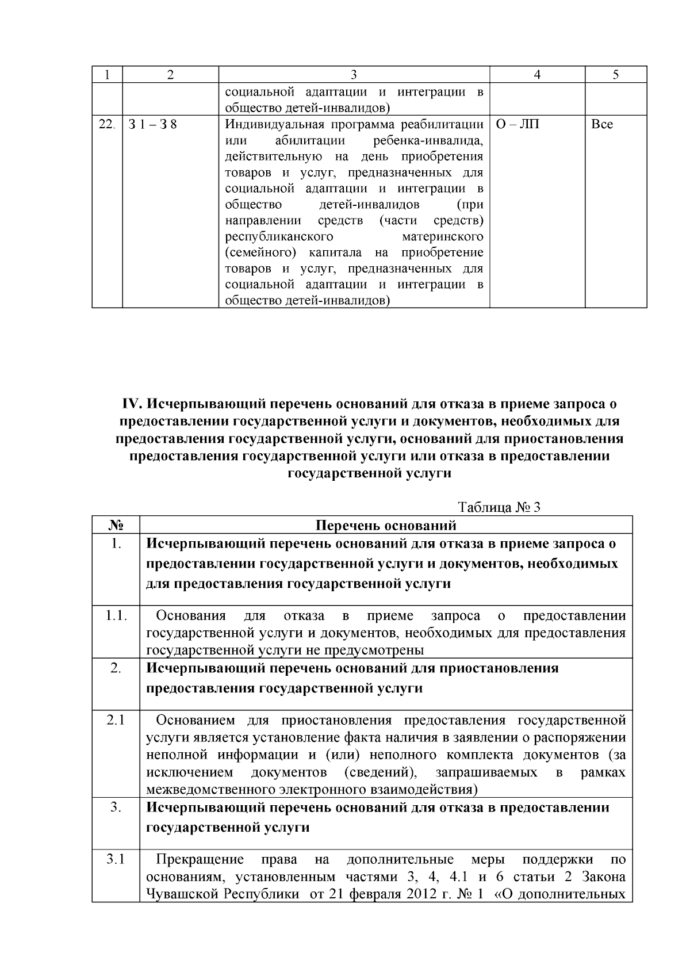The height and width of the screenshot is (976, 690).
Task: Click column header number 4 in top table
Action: point(536,75)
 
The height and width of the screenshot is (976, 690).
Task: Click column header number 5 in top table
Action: point(615,75)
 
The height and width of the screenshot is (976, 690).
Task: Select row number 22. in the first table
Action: point(106,124)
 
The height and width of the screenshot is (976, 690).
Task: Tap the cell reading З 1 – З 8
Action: point(154,124)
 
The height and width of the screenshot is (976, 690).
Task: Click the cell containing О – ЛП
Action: point(517,124)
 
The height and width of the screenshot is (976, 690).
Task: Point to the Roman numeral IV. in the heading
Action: point(132,404)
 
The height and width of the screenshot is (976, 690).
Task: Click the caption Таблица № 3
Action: point(499,507)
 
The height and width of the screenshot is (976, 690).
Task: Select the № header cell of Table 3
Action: point(116,525)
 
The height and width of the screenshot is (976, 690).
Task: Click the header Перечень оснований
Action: point(386,525)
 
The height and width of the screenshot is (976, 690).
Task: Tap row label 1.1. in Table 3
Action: point(116,616)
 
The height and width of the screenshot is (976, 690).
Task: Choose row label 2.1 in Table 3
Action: point(116,720)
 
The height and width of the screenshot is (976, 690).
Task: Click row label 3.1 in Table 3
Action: point(116,860)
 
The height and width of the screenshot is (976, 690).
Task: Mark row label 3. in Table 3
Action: point(116,807)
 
